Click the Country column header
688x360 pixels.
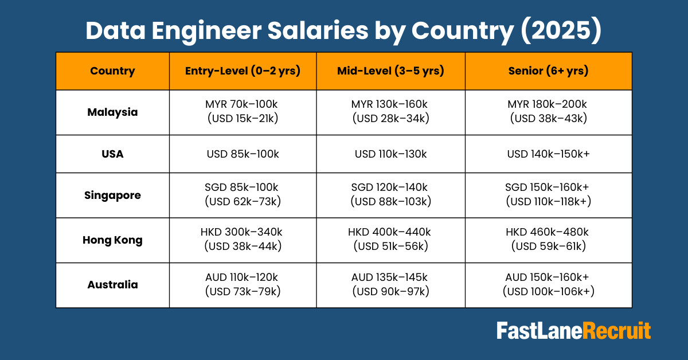coord(112,71)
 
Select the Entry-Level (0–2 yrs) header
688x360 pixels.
coord(243,71)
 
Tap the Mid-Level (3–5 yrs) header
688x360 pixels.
coord(390,71)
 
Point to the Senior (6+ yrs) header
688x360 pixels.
coord(548,71)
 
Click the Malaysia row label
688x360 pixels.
coord(112,112)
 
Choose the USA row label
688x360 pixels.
coord(112,154)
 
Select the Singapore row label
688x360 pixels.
coord(112,195)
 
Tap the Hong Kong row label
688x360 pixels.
coord(112,240)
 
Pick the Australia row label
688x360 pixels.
coord(112,284)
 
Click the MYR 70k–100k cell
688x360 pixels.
coord(243,112)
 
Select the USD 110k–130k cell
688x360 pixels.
coord(390,154)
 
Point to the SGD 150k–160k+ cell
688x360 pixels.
coord(548,195)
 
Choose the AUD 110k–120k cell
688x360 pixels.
coord(243,284)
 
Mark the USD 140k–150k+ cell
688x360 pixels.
coord(548,154)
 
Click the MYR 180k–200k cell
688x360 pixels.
coord(548,112)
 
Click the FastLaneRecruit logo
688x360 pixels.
coord(573,331)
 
